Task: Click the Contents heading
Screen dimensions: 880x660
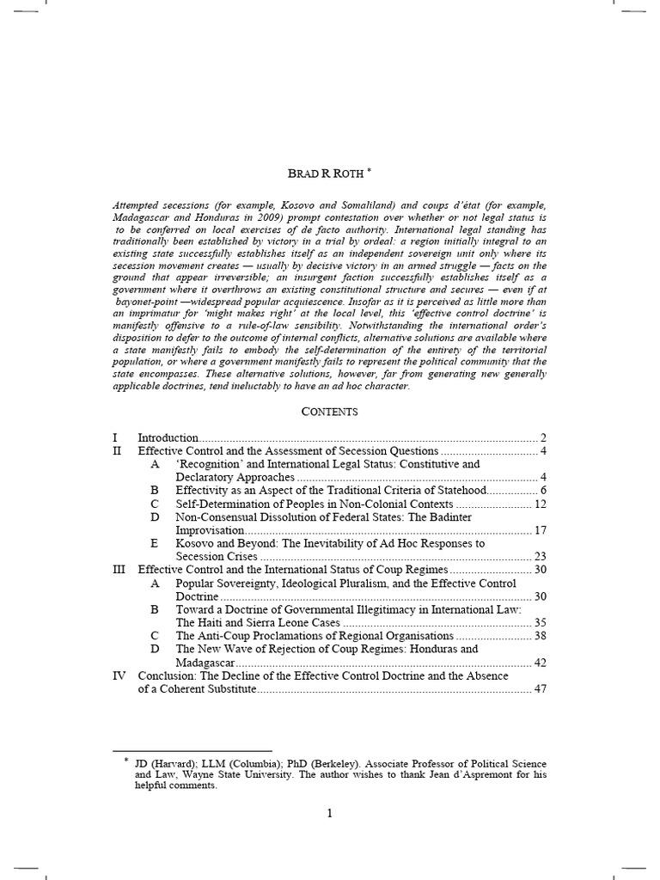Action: [x=329, y=412]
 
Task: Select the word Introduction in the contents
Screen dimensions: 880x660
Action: [x=168, y=437]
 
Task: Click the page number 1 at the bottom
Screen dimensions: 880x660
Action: [x=329, y=815]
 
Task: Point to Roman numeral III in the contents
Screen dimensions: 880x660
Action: [x=120, y=570]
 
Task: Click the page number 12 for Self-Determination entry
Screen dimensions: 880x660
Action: [x=540, y=504]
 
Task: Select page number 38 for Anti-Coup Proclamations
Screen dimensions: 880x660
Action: [x=540, y=637]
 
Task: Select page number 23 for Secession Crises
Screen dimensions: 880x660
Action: [x=540, y=557]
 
